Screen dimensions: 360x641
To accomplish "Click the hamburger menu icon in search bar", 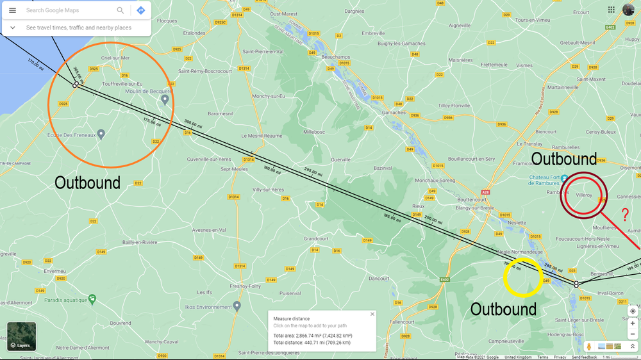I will pos(12,10).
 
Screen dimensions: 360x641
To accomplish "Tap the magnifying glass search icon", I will pos(120,10).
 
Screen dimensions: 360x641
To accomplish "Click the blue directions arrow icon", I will pos(140,10).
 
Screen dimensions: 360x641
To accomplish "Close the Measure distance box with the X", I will pos(372,315).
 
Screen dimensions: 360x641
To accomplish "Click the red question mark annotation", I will pos(625,216).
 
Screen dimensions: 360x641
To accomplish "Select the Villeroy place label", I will pos(583,195).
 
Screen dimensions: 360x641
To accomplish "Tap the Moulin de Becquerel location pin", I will pos(165,99).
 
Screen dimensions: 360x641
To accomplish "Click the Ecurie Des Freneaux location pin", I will pos(101,134).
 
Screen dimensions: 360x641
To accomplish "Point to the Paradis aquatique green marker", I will pos(92,299).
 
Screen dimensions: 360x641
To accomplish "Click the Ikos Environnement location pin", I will pos(237,306).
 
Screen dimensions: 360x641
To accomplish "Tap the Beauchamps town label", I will pos(335,57).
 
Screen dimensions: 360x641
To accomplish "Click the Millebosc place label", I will pos(314,132).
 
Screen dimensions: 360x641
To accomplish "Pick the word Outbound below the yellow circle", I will pos(503,309).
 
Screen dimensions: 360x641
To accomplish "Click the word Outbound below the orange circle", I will pos(87,183).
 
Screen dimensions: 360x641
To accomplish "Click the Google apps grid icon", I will pos(611,10).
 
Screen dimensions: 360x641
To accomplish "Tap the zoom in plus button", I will pos(632,323).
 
